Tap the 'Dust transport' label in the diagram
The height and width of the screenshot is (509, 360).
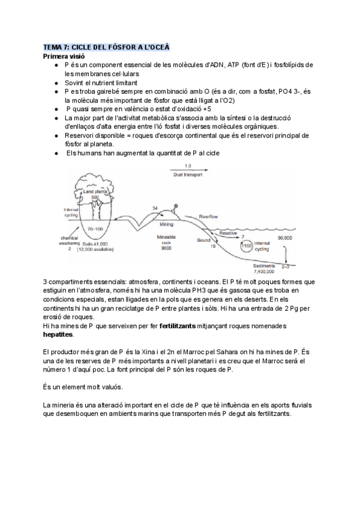coord(188,175)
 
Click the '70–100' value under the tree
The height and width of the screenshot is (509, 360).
coord(93,229)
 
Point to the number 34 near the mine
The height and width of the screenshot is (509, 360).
coord(155,208)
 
